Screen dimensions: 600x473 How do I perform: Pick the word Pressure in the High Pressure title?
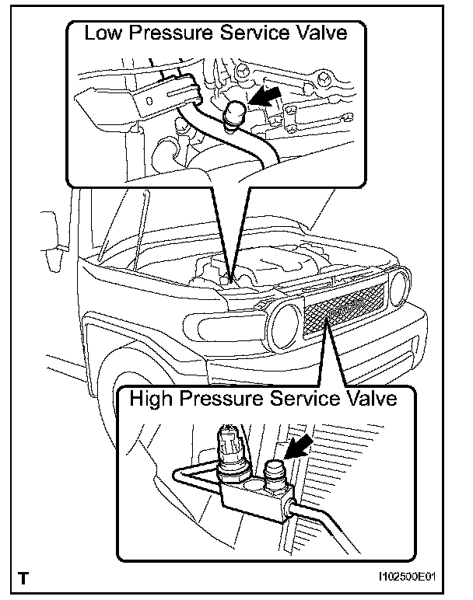(227, 399)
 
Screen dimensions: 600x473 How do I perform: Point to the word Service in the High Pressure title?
(309, 399)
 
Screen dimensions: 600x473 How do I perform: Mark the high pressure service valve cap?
(275, 475)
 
